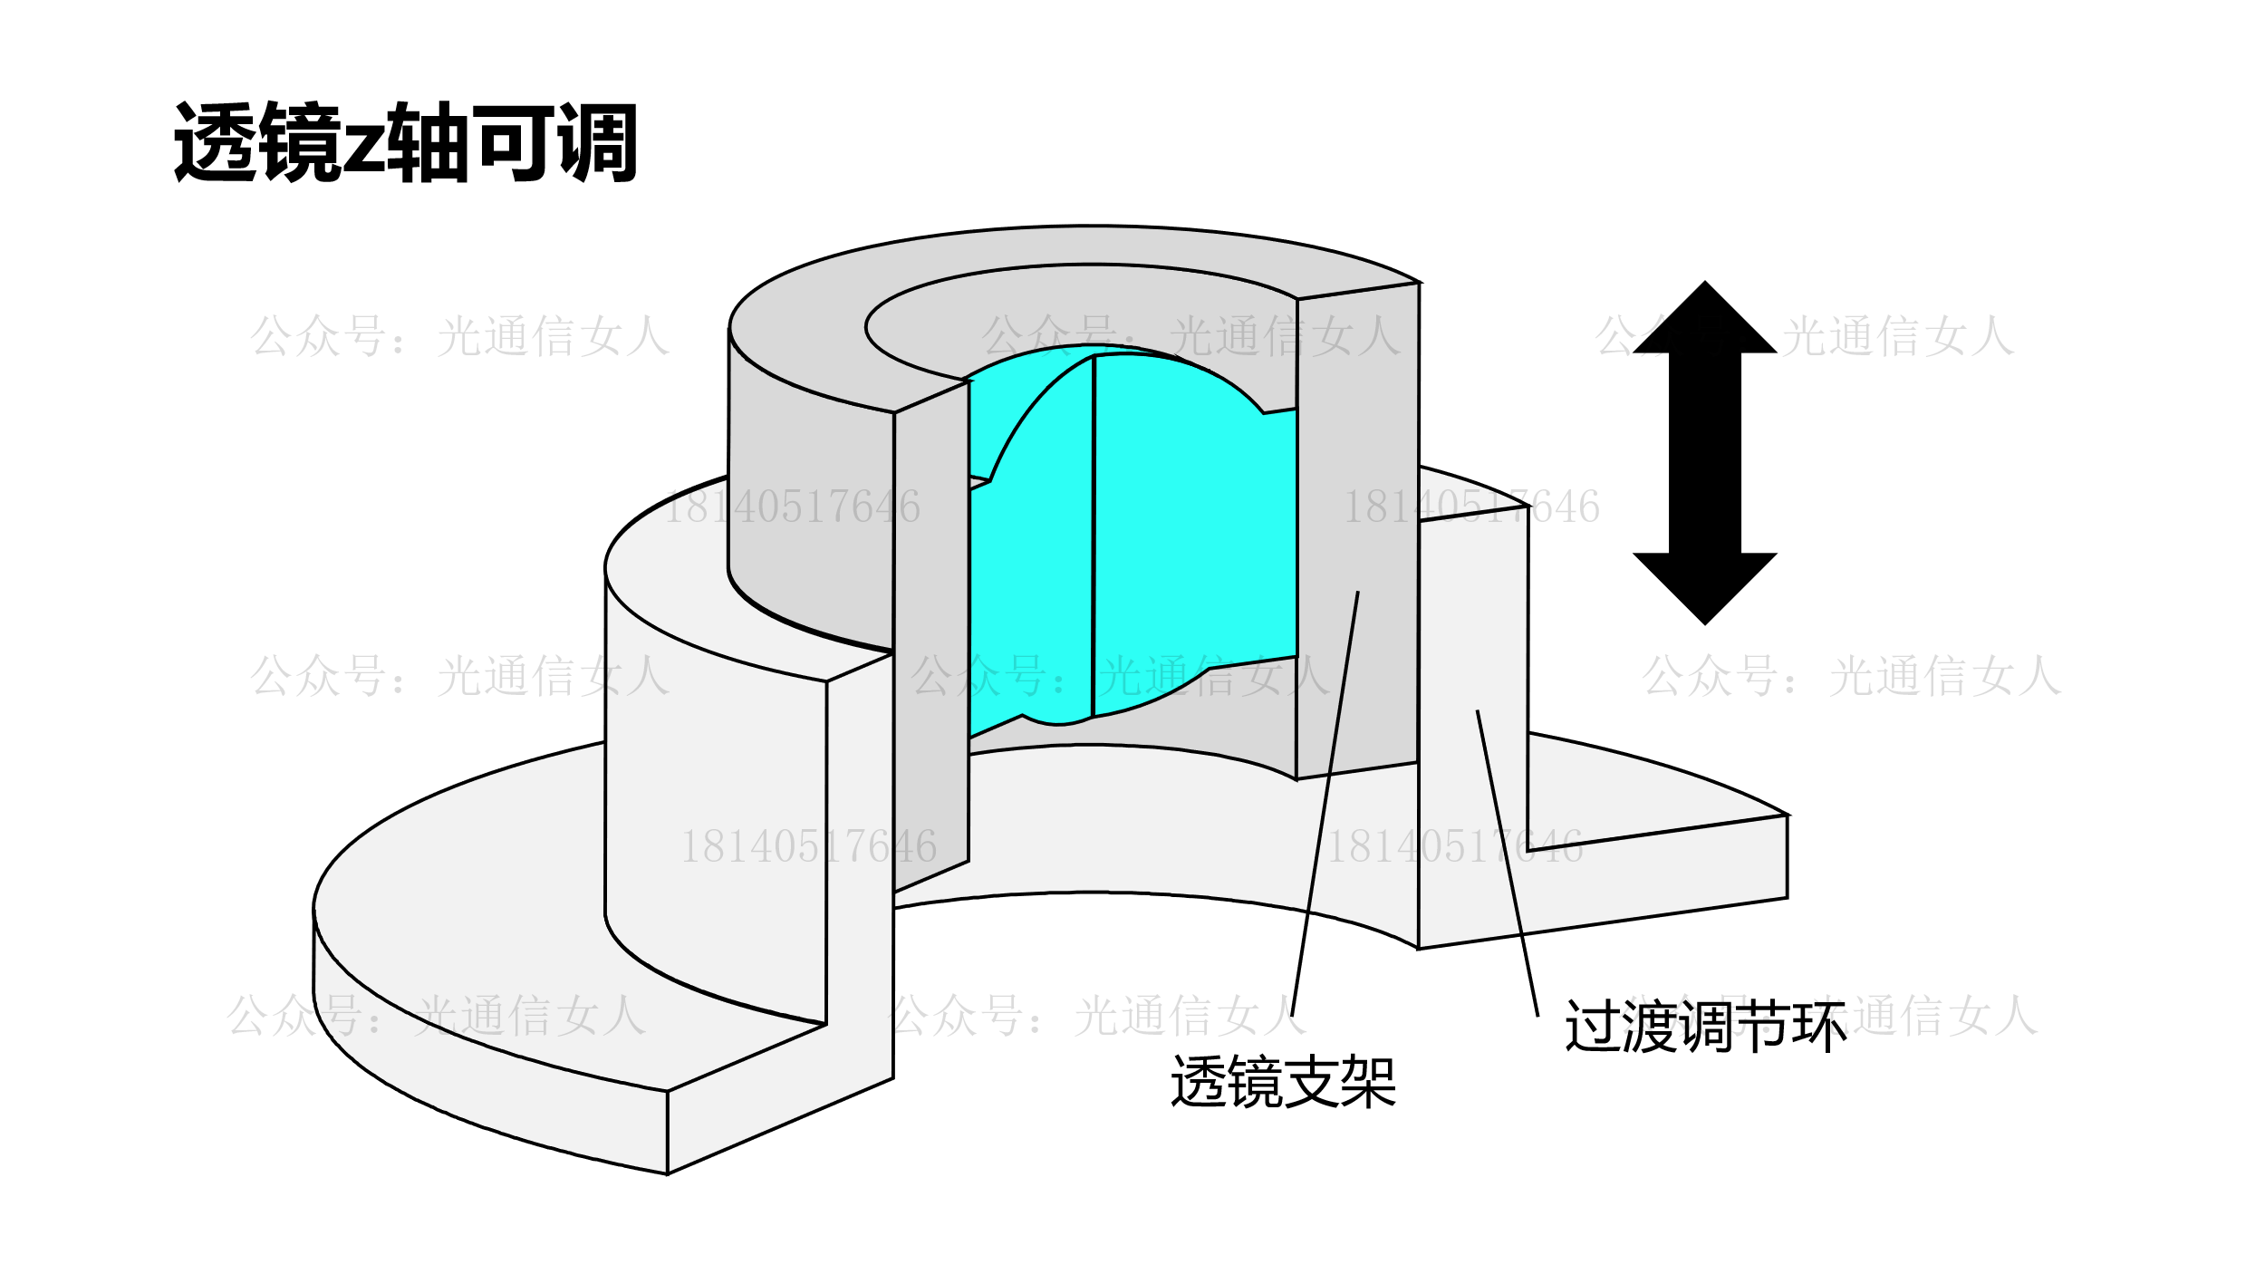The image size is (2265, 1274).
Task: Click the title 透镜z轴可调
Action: pyautogui.click(x=406, y=143)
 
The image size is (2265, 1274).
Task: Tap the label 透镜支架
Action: pyautogui.click(x=1284, y=1082)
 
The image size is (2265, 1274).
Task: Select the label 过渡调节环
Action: pyautogui.click(x=1705, y=1027)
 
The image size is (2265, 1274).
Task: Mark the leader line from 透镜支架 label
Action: pyautogui.click(x=1324, y=806)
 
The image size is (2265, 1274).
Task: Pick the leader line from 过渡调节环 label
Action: pyautogui.click(x=1508, y=861)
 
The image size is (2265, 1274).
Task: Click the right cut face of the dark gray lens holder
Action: pyautogui.click(x=1357, y=526)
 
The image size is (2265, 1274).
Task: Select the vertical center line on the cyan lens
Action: pyautogui.click(x=1094, y=535)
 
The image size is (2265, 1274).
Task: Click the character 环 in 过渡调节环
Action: pyautogui.click(x=1818, y=1027)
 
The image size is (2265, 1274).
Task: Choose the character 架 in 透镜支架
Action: pyautogui.click(x=1368, y=1082)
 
